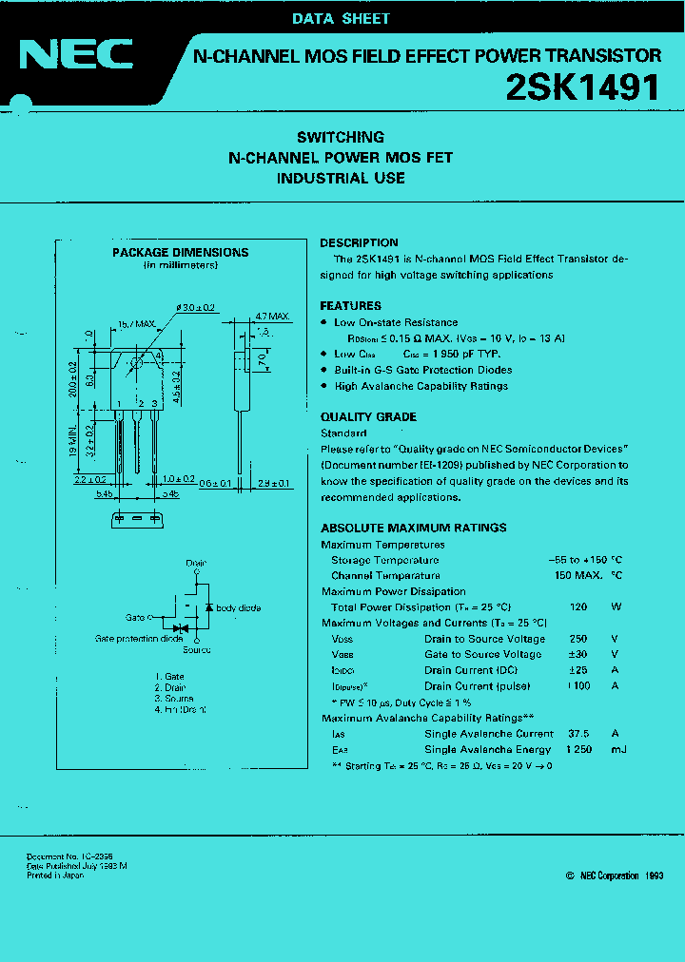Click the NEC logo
(x=76, y=56)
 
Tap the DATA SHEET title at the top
(x=341, y=18)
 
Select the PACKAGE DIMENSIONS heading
(x=181, y=253)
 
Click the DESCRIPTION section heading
(x=359, y=242)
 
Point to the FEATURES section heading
(x=351, y=306)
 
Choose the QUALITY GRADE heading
(x=368, y=417)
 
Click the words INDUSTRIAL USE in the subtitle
(x=341, y=178)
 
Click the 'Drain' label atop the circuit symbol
(x=196, y=564)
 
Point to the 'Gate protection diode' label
(x=139, y=638)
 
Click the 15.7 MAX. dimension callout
(x=137, y=324)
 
